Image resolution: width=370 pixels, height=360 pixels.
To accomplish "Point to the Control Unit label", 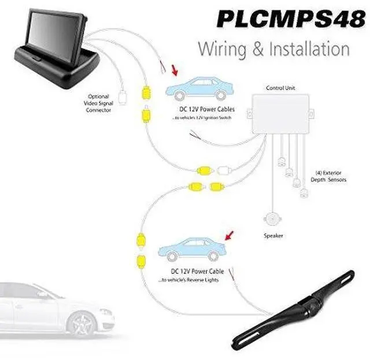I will pyautogui.click(x=280, y=88).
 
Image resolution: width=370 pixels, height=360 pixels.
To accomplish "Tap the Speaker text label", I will pyautogui.click(x=273, y=236).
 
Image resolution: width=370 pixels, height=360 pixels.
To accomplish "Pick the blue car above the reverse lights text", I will pyautogui.click(x=191, y=250).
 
